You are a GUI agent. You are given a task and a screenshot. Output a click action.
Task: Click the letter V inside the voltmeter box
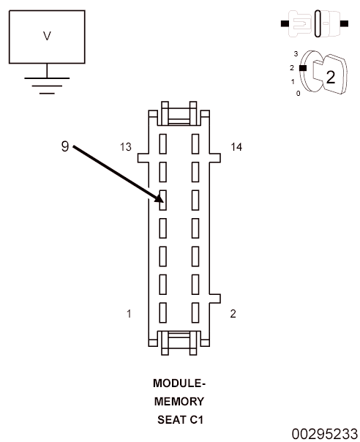pos(47,36)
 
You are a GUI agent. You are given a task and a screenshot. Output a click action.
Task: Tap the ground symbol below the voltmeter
pos(47,86)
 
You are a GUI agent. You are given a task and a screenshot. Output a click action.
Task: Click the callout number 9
pos(65,146)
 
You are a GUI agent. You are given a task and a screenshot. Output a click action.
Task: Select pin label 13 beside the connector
pos(125,147)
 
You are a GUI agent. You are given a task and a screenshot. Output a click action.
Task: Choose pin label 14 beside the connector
pos(236,147)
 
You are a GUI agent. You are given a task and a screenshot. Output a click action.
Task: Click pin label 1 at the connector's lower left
pos(129,314)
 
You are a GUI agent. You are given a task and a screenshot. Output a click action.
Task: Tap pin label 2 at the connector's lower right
pos(233,314)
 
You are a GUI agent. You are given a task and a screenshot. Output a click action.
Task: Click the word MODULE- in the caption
pos(179,383)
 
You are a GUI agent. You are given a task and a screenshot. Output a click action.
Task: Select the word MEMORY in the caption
pos(179,402)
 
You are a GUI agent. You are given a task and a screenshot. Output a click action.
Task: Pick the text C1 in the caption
pos(196,420)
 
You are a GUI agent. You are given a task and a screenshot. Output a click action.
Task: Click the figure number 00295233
pos(324,434)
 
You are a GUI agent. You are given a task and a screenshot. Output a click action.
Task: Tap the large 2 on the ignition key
pos(331,77)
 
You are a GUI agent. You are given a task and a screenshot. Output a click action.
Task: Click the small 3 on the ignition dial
pos(296,53)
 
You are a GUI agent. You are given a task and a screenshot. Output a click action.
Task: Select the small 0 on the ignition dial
pos(299,94)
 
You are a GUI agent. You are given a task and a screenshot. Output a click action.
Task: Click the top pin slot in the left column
pos(163,143)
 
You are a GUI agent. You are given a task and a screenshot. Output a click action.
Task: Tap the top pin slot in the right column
pos(195,143)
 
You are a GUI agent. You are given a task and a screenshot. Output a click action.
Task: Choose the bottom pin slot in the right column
pos(195,312)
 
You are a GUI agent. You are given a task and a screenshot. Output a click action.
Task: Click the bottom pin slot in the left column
pos(163,312)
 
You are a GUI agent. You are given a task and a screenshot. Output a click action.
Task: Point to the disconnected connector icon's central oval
pos(318,23)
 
